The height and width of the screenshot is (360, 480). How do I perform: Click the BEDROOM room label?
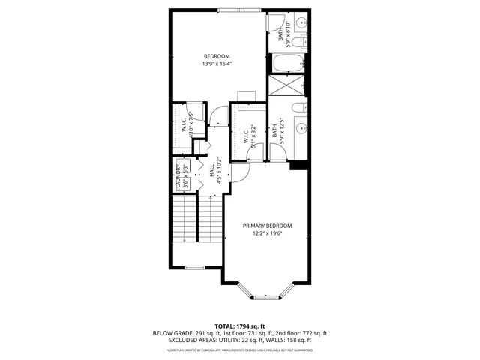pos(217,56)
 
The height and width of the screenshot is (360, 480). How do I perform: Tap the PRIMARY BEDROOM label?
pos(267,226)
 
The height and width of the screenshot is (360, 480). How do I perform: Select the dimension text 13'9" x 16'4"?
pos(217,64)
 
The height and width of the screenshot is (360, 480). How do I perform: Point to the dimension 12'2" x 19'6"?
pos(267,233)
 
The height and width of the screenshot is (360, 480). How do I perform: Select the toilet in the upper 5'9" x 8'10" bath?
pos(298,22)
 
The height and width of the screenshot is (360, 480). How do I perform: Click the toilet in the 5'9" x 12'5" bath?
pos(298,107)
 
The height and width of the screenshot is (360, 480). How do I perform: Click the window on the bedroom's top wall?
pos(240,10)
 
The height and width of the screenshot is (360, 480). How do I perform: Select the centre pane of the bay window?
pos(266,297)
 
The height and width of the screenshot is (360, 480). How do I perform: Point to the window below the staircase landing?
pos(195,267)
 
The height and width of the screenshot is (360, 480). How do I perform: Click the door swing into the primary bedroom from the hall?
pos(238,174)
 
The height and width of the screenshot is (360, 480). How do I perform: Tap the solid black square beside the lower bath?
pos(299,165)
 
